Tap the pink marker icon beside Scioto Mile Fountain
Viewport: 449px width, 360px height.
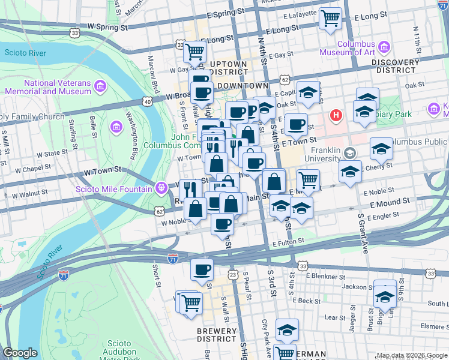(x=160, y=188)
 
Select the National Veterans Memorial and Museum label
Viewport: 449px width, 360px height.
(x=49, y=88)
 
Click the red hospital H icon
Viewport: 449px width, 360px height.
(x=336, y=115)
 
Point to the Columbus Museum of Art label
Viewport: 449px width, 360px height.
(x=364, y=49)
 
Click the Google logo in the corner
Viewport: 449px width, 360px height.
(x=20, y=353)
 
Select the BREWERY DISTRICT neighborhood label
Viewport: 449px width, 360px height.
(x=217, y=336)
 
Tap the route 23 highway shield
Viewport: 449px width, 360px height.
(x=233, y=274)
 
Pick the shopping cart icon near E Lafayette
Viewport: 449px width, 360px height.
(x=330, y=19)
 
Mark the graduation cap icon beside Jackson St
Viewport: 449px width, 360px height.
(x=384, y=296)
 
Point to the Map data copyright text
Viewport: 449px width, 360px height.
(x=411, y=355)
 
